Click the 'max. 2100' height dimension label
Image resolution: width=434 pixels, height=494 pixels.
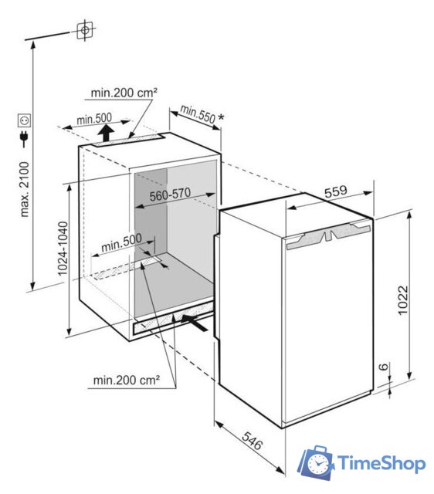point(25,189)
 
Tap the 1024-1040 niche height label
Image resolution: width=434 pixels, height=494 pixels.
point(63,249)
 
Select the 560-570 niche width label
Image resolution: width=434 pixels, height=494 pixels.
point(170,195)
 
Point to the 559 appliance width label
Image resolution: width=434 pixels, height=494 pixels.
point(336,191)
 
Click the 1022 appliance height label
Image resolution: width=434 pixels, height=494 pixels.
point(403,300)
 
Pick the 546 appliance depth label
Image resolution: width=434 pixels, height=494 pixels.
point(253,441)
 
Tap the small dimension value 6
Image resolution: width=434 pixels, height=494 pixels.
point(383,367)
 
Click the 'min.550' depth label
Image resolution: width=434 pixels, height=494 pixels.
point(198,113)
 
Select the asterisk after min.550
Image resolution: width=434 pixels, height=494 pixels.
point(222,118)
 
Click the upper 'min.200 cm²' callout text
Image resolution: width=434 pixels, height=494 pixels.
point(124,93)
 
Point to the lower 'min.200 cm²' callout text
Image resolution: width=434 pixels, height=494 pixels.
point(127,381)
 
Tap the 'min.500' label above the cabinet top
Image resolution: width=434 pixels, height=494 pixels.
point(94,119)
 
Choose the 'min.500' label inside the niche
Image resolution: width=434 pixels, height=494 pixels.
point(121,242)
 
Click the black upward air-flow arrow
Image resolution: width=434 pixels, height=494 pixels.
point(106,133)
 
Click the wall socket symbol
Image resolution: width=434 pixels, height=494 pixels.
point(24,120)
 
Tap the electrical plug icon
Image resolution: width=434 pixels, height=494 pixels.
point(24,139)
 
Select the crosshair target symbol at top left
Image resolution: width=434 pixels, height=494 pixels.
point(85,30)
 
